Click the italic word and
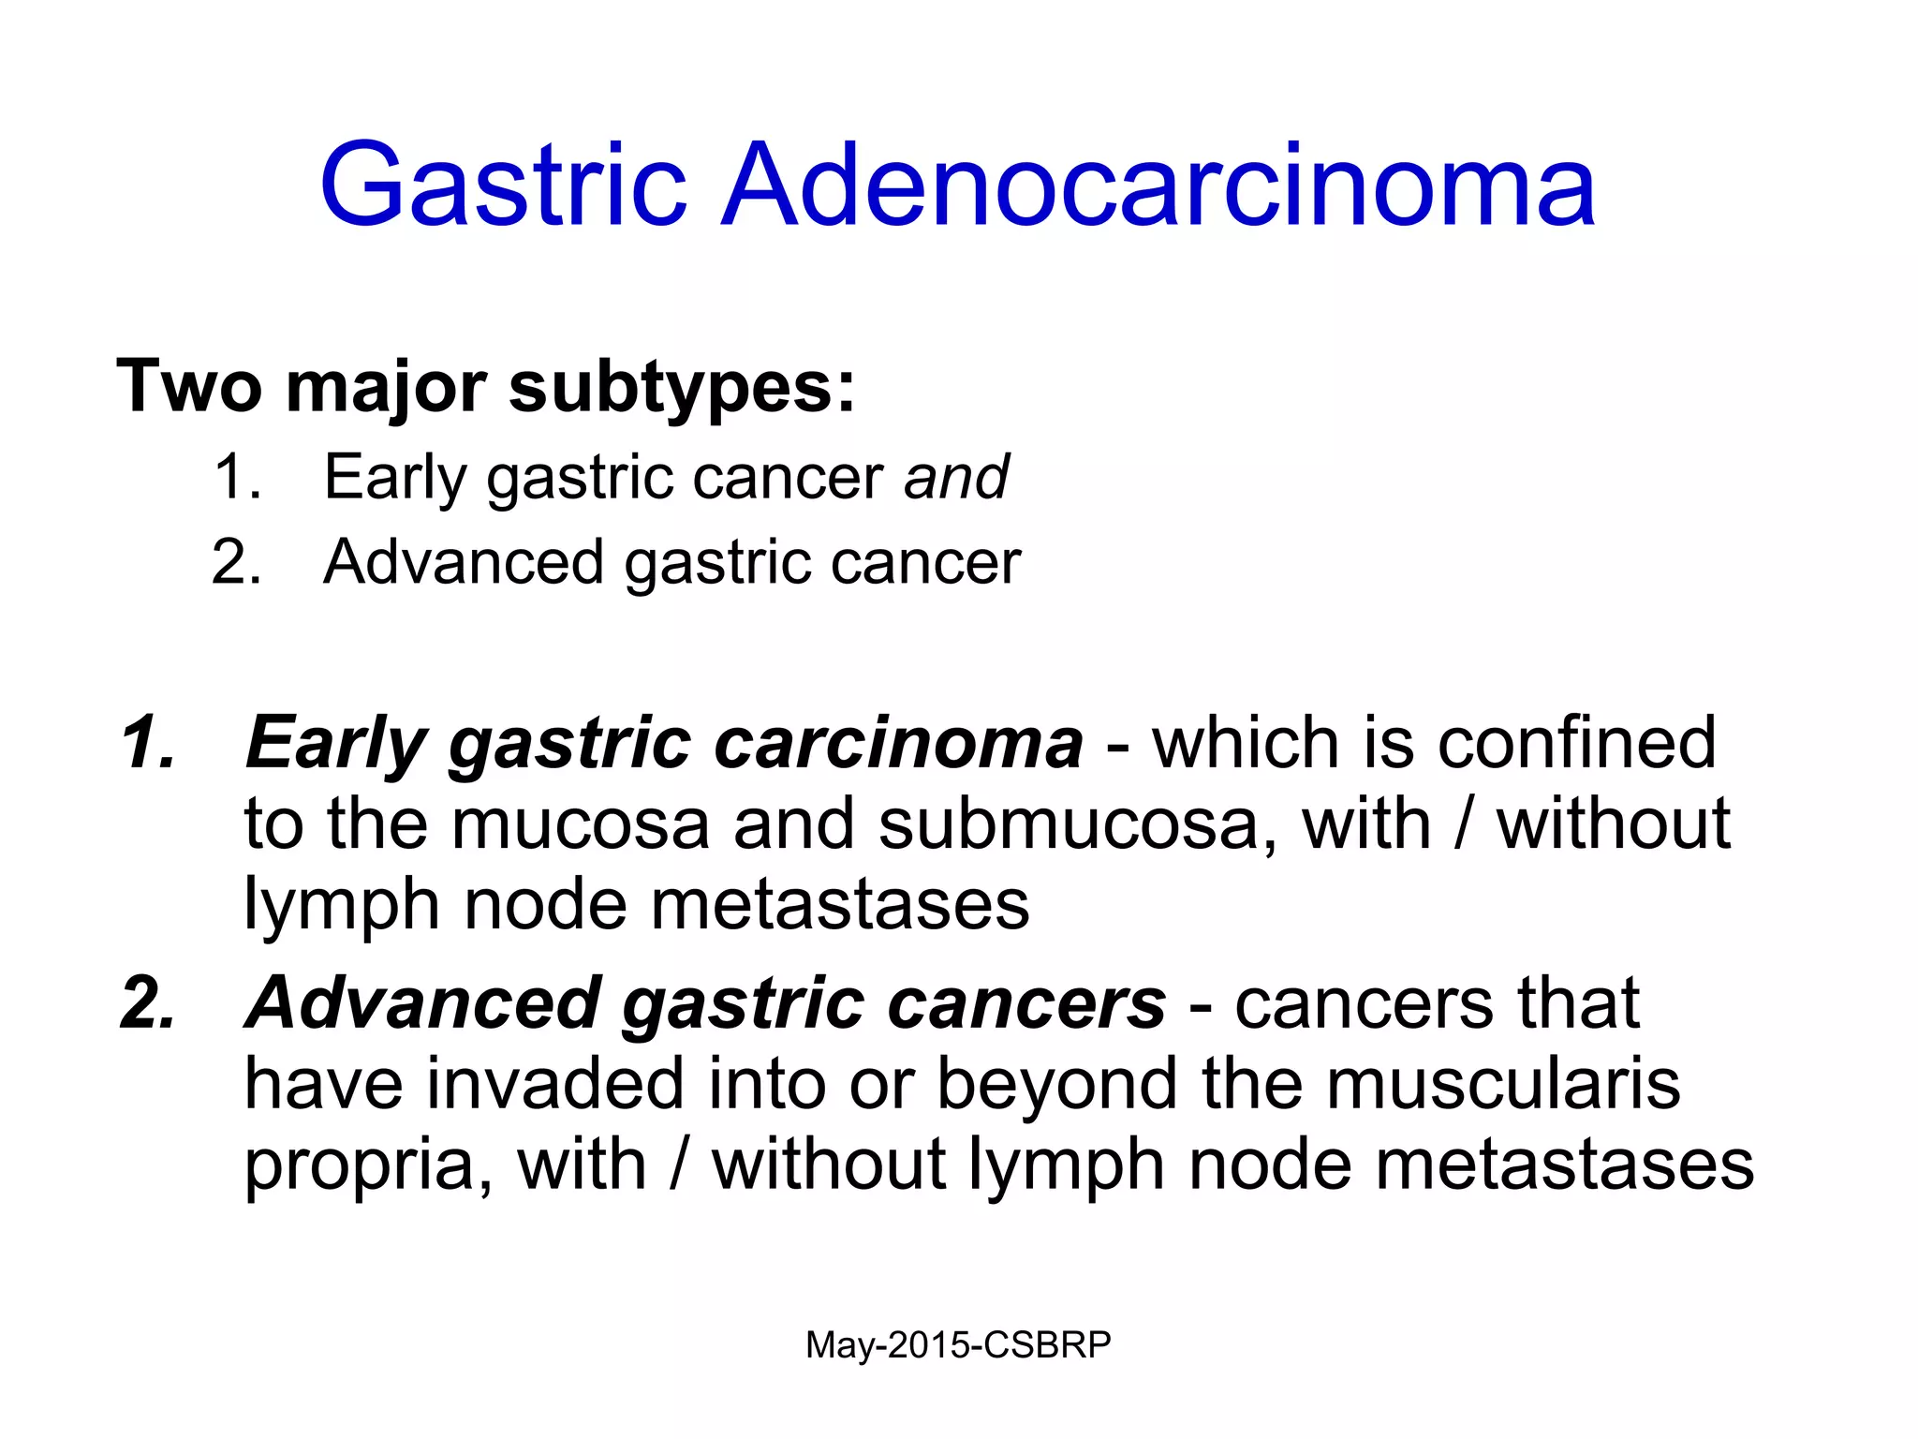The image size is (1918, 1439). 956,477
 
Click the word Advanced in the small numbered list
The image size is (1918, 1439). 463,562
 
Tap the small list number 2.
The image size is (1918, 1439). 235,562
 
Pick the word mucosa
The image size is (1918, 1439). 580,824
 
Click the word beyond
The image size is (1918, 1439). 1058,1084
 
